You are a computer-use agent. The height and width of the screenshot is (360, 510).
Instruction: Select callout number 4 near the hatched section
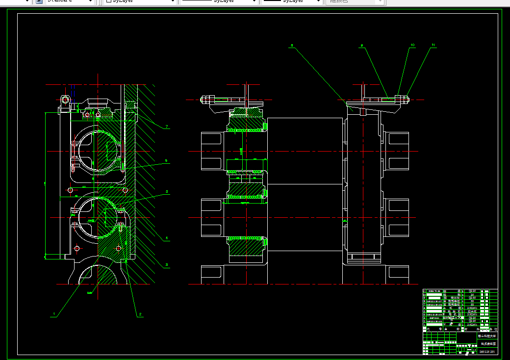[x=167, y=238]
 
